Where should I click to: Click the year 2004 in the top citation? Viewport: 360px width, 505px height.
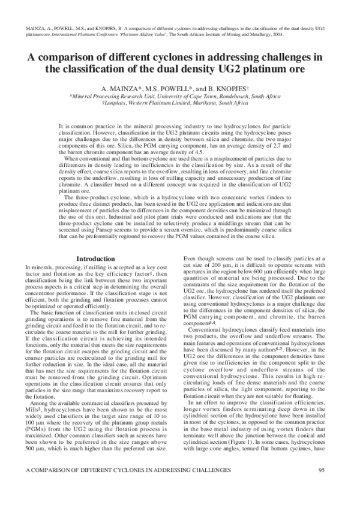278,35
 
